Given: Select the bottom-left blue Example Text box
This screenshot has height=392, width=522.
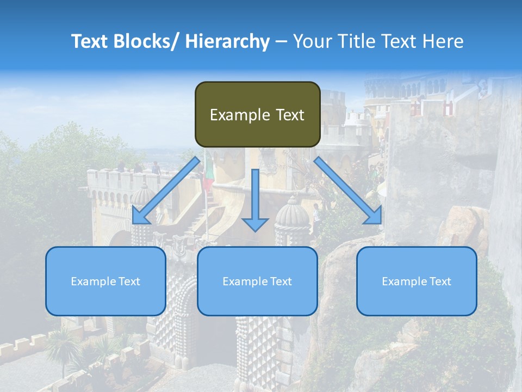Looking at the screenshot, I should (x=105, y=281).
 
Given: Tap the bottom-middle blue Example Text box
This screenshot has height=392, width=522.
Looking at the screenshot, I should (x=257, y=281).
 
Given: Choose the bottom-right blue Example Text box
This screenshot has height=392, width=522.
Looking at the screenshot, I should (x=417, y=281).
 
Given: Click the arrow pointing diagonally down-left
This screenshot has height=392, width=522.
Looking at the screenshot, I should (x=166, y=191).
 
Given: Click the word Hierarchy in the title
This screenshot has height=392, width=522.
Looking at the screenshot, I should (x=227, y=41).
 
